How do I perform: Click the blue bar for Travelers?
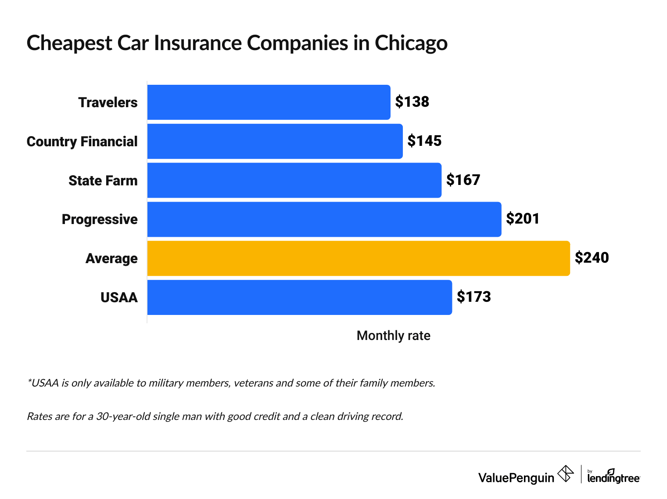pyautogui.click(x=269, y=102)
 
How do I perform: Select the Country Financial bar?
pyautogui.click(x=275, y=141)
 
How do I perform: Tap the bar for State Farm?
pyautogui.click(x=294, y=180)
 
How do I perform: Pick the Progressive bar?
pyautogui.click(x=324, y=219)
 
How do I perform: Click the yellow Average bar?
pyautogui.click(x=358, y=258)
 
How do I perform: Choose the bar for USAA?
pyautogui.click(x=299, y=297)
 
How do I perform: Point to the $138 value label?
pyautogui.click(x=412, y=102)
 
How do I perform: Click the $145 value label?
pyautogui.click(x=424, y=141)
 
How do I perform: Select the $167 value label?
pyautogui.click(x=463, y=180)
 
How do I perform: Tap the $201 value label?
pyautogui.click(x=523, y=219)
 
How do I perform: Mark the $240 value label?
pyautogui.click(x=592, y=258)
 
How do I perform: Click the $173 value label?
pyautogui.click(x=473, y=297)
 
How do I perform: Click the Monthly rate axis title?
pyautogui.click(x=393, y=336)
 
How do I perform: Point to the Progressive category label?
pyautogui.click(x=100, y=219)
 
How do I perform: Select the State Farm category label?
pyautogui.click(x=103, y=181)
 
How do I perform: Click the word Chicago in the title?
pyautogui.click(x=411, y=43)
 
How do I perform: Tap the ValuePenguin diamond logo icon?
pyautogui.click(x=565, y=474)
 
